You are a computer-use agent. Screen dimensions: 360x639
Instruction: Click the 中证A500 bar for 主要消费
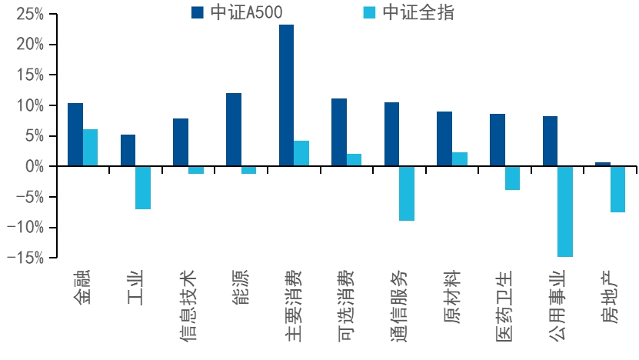[286, 95]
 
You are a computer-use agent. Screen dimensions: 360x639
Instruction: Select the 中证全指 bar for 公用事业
[565, 212]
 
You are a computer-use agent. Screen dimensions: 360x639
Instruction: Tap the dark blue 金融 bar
[75, 135]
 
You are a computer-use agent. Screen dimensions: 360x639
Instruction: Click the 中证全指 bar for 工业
[143, 188]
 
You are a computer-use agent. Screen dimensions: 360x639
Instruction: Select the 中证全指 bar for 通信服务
[407, 194]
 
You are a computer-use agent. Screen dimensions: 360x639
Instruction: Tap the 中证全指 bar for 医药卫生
[512, 178]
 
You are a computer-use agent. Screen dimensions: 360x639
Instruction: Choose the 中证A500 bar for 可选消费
[339, 132]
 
